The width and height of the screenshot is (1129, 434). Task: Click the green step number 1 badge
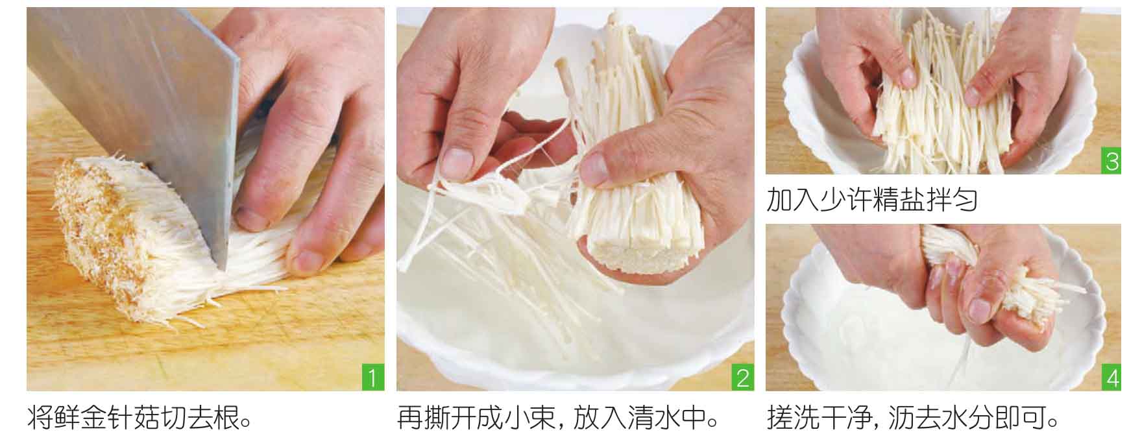click(372, 378)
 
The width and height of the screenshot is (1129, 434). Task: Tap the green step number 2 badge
click(742, 378)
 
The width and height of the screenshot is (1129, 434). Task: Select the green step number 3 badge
click(1111, 162)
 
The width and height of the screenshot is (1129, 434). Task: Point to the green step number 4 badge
click(1111, 378)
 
